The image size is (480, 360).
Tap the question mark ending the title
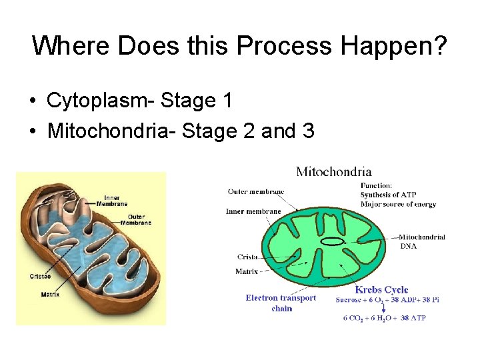click(x=439, y=46)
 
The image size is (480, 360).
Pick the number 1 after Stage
click(x=227, y=101)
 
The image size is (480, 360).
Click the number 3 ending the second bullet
click(x=308, y=131)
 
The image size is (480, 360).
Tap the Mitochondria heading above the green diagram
click(x=333, y=172)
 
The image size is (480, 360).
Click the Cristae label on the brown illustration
click(x=40, y=276)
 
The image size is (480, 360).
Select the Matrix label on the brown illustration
click(x=50, y=294)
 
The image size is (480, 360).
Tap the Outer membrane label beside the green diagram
click(x=255, y=192)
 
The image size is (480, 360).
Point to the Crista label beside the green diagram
click(x=247, y=257)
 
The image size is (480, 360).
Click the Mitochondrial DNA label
click(x=421, y=241)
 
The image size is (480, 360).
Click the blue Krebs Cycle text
click(x=381, y=289)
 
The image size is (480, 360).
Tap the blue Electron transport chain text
click(x=281, y=303)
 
